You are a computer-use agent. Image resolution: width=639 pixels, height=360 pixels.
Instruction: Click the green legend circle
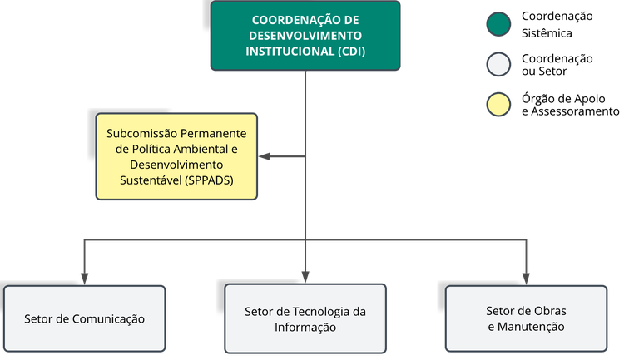(x=498, y=25)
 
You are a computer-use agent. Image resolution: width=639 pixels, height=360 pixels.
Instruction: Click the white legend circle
(x=498, y=65)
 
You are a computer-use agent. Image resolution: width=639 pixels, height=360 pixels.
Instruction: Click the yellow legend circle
(x=498, y=105)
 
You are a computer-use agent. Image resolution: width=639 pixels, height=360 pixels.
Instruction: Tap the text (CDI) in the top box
(x=349, y=51)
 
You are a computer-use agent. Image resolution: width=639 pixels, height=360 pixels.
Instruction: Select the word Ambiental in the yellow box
(x=196, y=149)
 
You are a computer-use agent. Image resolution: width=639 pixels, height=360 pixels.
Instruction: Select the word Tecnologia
(x=320, y=312)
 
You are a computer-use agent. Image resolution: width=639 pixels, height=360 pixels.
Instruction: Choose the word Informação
(x=305, y=328)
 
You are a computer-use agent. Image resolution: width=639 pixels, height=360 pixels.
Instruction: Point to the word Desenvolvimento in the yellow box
(x=176, y=164)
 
